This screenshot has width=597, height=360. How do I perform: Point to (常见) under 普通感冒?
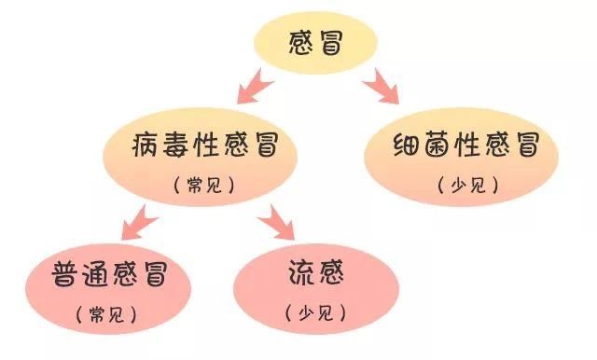(x=107, y=314)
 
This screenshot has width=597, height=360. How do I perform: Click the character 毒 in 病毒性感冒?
(x=178, y=147)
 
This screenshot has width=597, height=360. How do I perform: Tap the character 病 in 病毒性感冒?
(x=150, y=147)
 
